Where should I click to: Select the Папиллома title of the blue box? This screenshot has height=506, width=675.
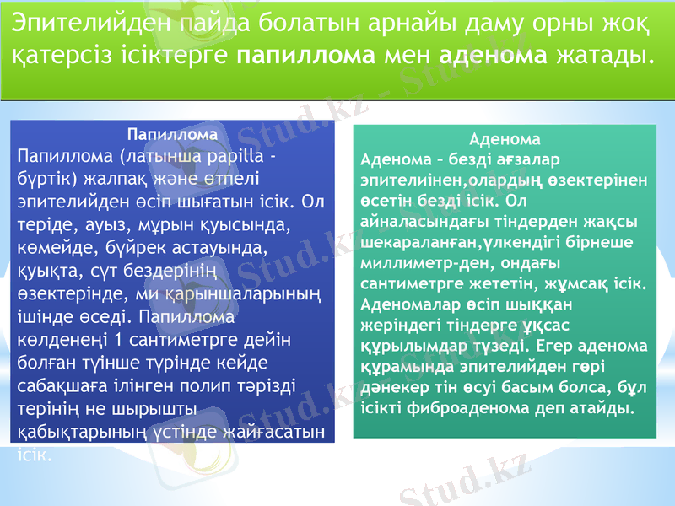[172, 134]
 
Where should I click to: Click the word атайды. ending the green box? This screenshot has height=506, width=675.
[602, 408]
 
